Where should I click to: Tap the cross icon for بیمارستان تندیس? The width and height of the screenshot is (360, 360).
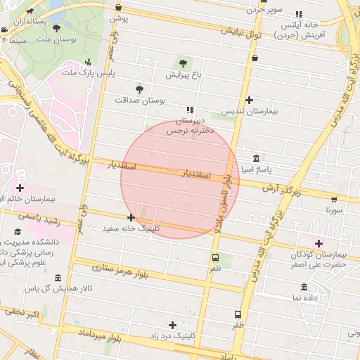(x=250, y=100)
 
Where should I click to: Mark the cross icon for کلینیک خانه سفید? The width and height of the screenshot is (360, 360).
(x=131, y=217)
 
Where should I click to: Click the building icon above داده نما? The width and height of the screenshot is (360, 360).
(x=304, y=287)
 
